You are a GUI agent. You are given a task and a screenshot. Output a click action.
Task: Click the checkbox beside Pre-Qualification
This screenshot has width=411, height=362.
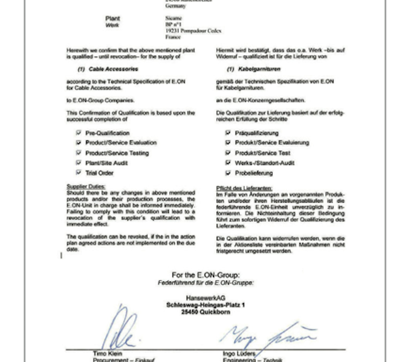[79, 133]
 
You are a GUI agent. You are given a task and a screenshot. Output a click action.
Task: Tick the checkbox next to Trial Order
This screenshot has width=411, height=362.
[79, 172]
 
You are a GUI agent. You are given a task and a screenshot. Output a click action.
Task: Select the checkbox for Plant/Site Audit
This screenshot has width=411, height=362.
[79, 163]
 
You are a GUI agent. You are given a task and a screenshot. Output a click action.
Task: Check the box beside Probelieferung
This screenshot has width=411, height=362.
[228, 173]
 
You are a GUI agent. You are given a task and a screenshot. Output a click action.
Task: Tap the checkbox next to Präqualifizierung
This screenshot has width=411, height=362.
[228, 133]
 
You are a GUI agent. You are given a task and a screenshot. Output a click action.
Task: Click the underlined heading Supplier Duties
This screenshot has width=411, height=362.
[86, 186]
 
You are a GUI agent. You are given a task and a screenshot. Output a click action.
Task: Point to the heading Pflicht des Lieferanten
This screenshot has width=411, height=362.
[244, 188]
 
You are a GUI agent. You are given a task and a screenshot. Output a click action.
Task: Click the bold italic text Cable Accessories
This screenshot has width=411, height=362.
[113, 69]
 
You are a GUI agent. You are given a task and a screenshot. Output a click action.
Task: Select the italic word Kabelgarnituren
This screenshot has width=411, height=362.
[259, 69]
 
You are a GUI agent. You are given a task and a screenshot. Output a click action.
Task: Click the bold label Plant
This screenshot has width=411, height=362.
[113, 18]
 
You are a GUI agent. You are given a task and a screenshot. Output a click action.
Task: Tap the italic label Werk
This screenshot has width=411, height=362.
[112, 25]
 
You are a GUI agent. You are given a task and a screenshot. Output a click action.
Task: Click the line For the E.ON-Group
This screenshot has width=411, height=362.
[205, 275]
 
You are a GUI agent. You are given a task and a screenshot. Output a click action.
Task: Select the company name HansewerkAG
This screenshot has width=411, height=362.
[205, 298]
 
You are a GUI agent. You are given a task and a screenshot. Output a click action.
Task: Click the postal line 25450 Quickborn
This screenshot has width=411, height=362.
[205, 312]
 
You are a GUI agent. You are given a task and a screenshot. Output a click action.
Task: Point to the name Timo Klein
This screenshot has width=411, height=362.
[108, 353]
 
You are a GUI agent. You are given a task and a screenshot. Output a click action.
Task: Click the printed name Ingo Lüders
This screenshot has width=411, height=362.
[239, 354]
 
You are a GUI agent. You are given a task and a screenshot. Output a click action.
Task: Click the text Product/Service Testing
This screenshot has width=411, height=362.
[117, 153]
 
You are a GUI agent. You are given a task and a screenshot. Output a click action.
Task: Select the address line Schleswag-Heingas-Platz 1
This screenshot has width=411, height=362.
[205, 305]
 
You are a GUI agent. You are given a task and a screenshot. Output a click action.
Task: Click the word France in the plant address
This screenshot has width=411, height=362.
[173, 37]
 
